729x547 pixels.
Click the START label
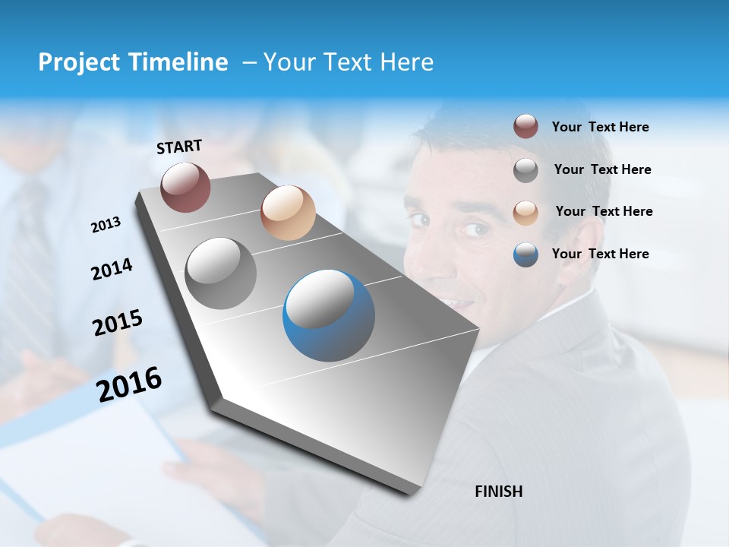pyautogui.click(x=179, y=147)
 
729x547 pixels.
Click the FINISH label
pyautogui.click(x=498, y=492)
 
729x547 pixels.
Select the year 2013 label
pyautogui.click(x=106, y=224)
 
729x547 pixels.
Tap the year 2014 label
pyautogui.click(x=112, y=269)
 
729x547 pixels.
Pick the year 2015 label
pyautogui.click(x=118, y=323)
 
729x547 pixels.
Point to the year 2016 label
pyautogui.click(x=129, y=384)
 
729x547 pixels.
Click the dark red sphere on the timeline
pyautogui.click(x=185, y=188)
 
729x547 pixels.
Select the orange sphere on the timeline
pyautogui.click(x=288, y=213)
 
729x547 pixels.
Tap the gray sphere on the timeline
pyautogui.click(x=220, y=273)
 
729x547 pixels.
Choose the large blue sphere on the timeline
pyautogui.click(x=329, y=315)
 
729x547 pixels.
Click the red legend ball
pyautogui.click(x=525, y=127)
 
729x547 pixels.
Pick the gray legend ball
pyautogui.click(x=525, y=170)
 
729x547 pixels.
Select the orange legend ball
pyautogui.click(x=525, y=212)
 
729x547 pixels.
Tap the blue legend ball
pyautogui.click(x=525, y=255)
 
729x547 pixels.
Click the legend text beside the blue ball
pyautogui.click(x=600, y=254)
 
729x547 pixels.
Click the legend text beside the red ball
pyautogui.click(x=600, y=127)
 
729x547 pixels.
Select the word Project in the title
pyautogui.click(x=77, y=62)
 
